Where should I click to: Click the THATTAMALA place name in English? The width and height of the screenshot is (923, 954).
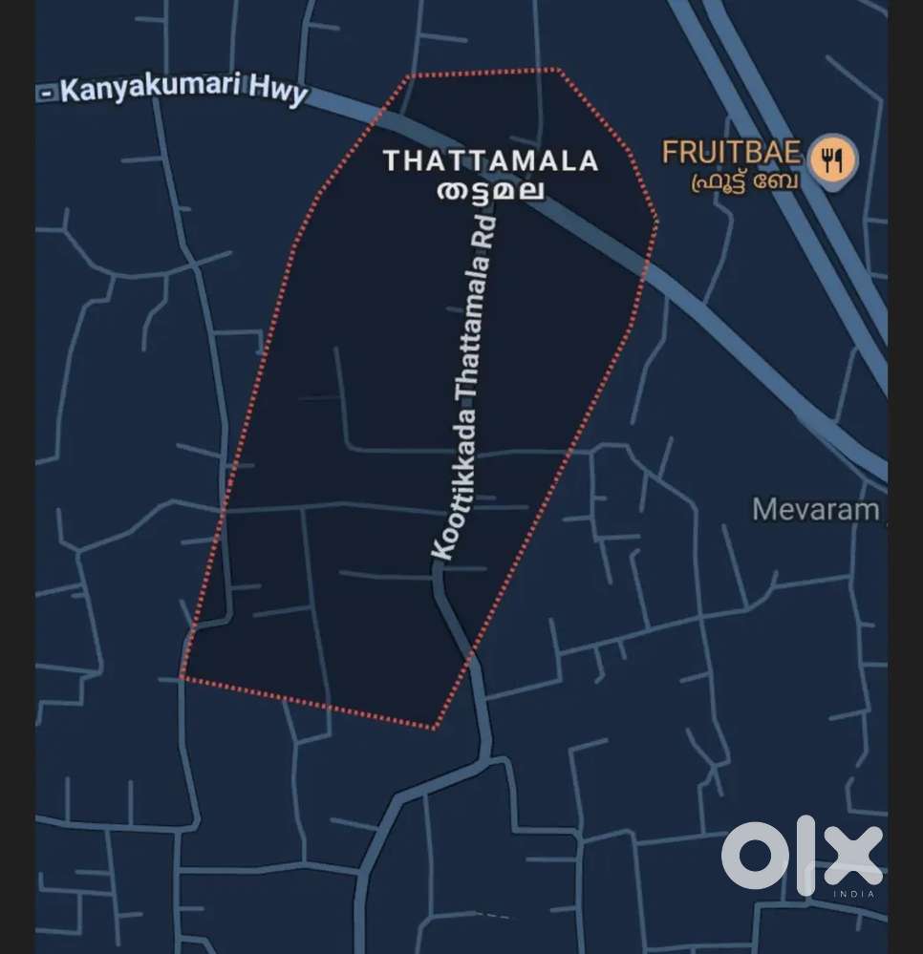click(490, 160)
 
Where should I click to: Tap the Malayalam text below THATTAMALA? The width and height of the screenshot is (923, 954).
click(490, 189)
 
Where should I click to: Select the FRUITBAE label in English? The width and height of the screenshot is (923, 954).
click(731, 152)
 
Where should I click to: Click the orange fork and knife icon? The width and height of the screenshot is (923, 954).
click(834, 159)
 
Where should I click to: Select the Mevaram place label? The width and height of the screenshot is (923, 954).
click(815, 510)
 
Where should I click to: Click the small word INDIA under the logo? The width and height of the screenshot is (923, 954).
click(854, 894)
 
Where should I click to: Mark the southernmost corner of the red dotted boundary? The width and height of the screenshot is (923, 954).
click(435, 729)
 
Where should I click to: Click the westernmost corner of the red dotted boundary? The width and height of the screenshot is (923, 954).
click(181, 678)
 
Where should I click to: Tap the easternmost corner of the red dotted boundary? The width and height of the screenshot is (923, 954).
click(657, 222)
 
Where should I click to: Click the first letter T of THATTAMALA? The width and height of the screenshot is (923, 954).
click(391, 160)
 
